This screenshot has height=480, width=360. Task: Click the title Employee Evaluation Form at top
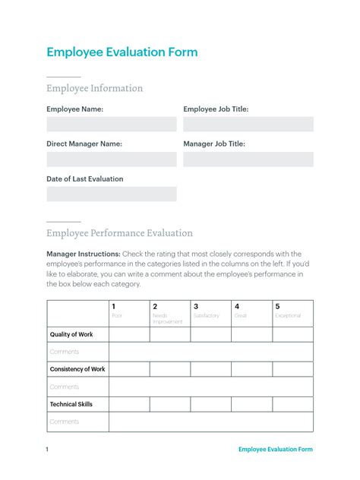pos(122,52)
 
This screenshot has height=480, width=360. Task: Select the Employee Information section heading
pos(94,88)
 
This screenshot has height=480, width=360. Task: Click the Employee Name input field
pos(111,124)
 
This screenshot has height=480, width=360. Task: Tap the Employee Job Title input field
pos(248,124)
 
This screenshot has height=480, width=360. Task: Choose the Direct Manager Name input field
pos(111,159)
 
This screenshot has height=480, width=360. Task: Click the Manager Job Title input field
pos(248,159)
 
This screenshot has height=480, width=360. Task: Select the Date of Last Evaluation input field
pos(111,194)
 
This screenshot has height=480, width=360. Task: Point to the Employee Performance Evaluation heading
pos(119,233)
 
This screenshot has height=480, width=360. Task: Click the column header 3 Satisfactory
pos(210,312)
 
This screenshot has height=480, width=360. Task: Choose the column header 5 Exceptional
pos(292,312)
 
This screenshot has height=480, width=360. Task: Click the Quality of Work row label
pos(71,334)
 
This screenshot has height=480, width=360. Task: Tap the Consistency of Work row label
pos(77,369)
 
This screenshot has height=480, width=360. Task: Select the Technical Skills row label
pos(71,404)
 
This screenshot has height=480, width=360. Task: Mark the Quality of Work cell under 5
pos(292,334)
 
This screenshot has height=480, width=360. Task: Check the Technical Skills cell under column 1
pos(129,404)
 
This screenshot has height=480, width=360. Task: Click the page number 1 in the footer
pos(47,449)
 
